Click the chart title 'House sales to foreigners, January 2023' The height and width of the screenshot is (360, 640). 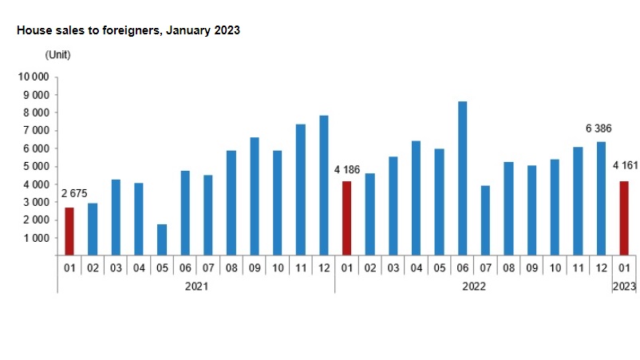click(128, 30)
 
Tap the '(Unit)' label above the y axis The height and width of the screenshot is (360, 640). click(57, 55)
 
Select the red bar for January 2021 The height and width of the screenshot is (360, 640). click(69, 231)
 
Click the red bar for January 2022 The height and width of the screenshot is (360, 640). click(346, 219)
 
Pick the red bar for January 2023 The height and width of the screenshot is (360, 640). click(624, 219)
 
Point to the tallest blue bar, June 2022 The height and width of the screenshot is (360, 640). click(463, 178)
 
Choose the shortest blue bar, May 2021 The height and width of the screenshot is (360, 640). click(162, 240)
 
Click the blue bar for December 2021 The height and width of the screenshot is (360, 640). click(324, 186)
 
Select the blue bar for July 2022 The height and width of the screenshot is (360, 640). click(485, 220)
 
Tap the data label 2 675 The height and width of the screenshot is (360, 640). click(74, 193)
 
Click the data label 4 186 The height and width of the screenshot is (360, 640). click(347, 170)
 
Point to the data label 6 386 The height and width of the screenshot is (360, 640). click(599, 129)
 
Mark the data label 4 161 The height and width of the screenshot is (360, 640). click(626, 165)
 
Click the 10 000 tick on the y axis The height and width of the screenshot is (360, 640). click(34, 77)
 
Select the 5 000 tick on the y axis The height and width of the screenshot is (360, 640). click(37, 167)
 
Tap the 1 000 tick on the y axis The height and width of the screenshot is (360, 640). click(37, 238)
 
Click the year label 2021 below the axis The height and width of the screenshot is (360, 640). click(196, 287)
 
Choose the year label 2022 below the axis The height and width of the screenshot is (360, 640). click(474, 287)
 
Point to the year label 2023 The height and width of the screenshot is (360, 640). click(625, 287)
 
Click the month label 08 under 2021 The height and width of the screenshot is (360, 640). click(231, 268)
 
